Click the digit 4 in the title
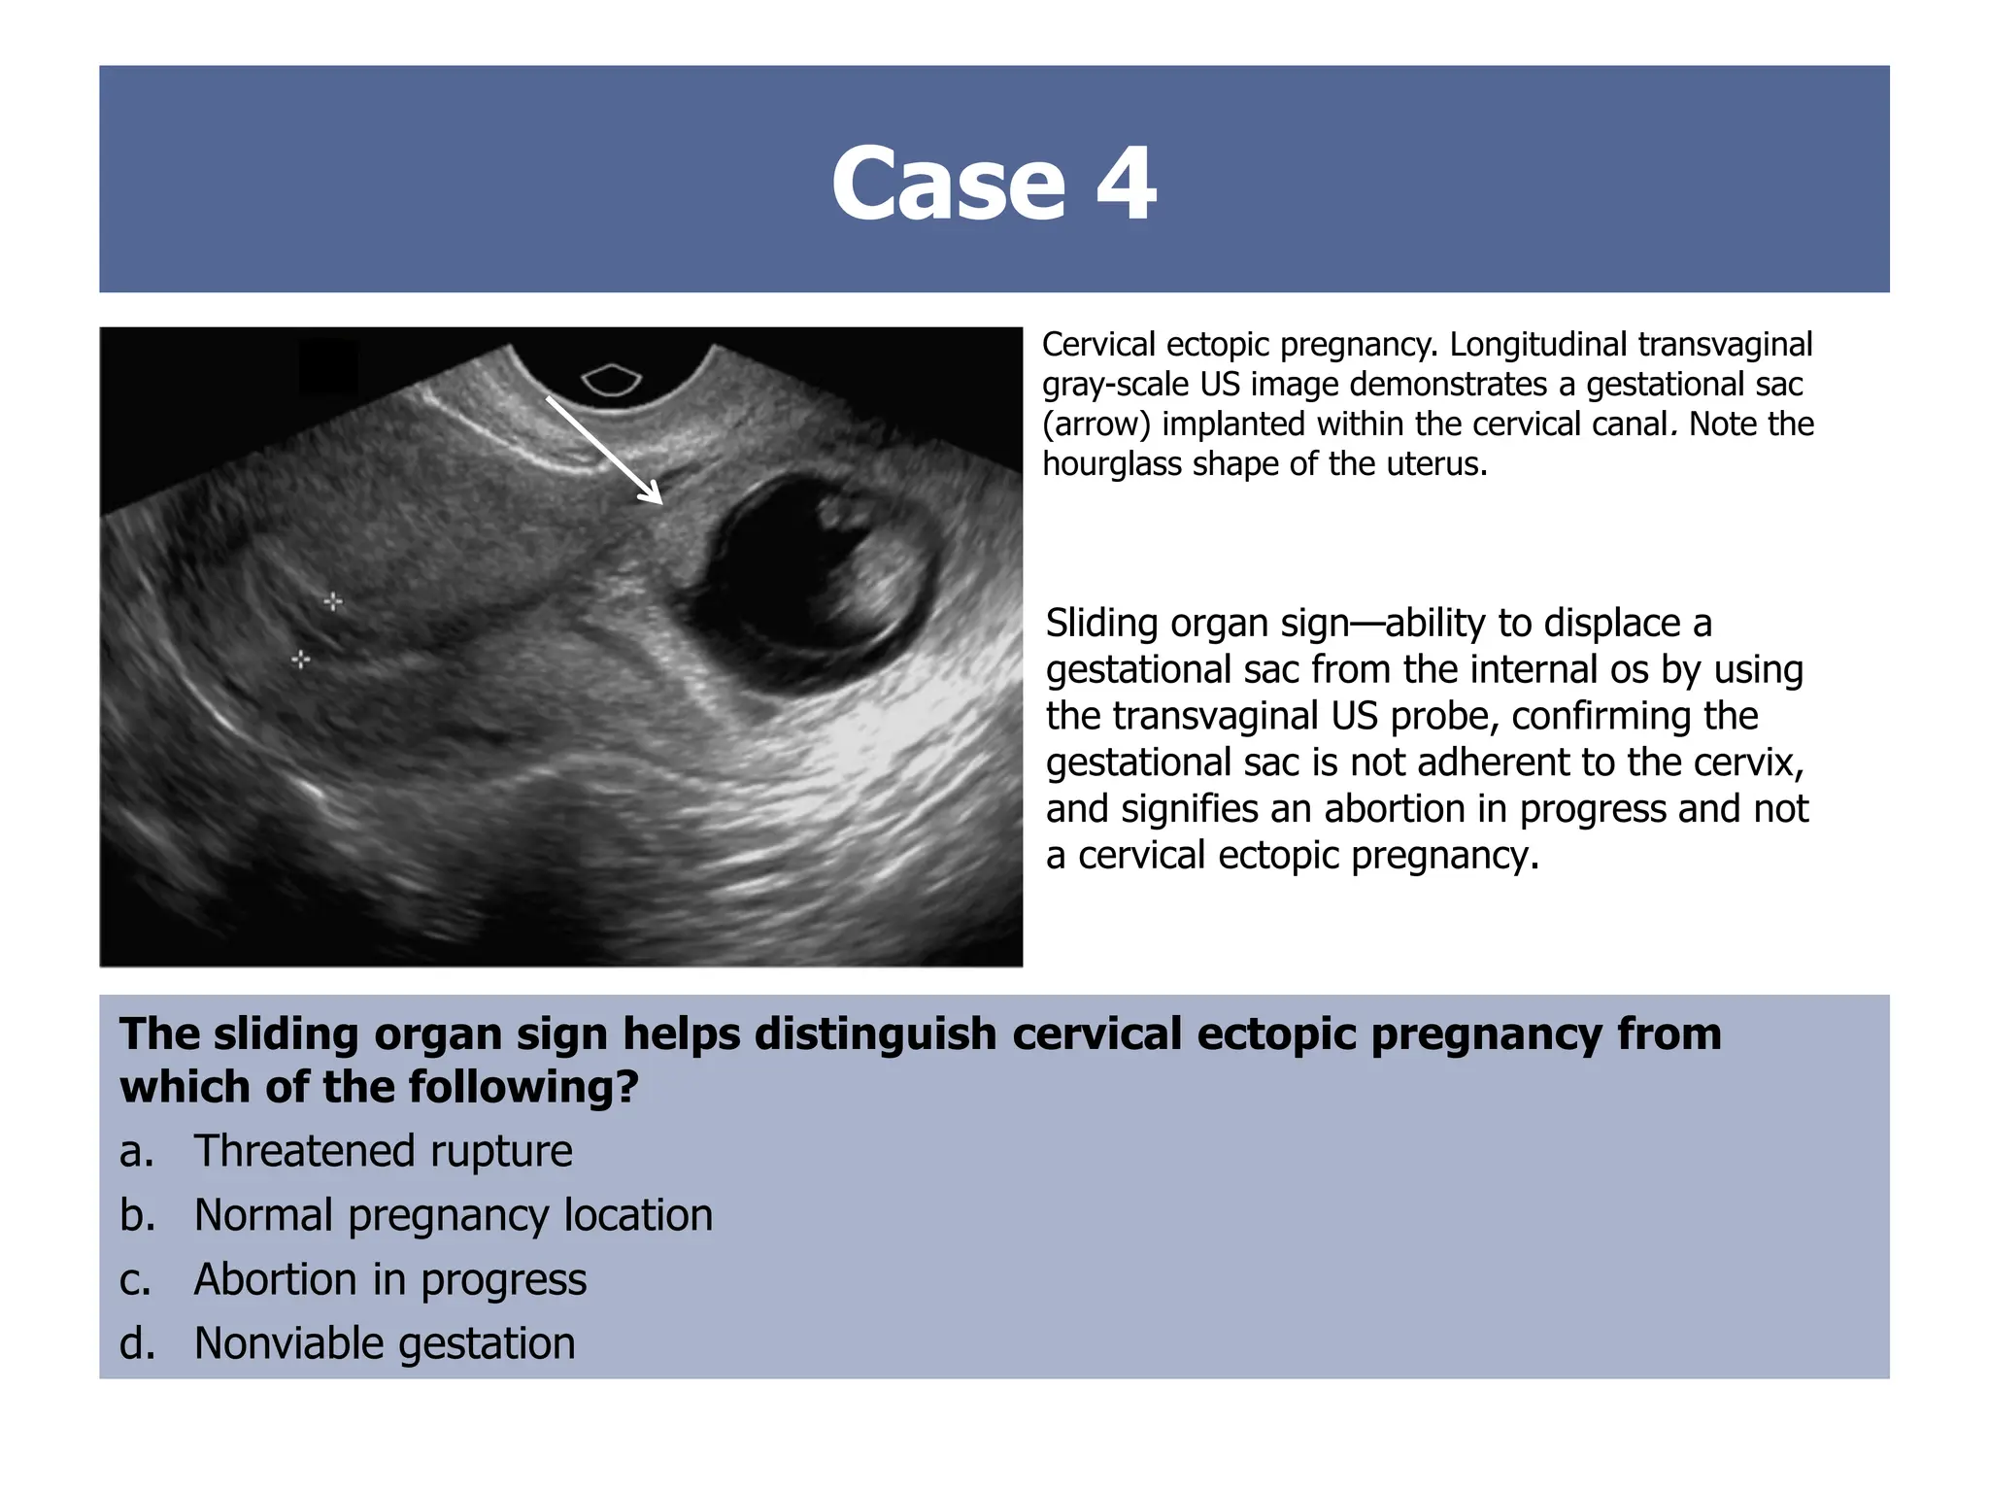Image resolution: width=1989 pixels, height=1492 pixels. click(x=1127, y=184)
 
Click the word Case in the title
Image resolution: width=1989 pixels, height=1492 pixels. click(x=948, y=184)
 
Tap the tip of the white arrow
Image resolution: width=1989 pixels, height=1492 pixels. click(x=660, y=502)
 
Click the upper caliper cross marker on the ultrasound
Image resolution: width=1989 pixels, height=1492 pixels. click(x=333, y=602)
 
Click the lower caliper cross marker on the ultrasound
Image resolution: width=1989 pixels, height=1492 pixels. click(x=301, y=660)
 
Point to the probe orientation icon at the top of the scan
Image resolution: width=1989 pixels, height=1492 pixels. click(x=611, y=380)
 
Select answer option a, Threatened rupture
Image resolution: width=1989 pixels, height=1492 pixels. click(x=383, y=1151)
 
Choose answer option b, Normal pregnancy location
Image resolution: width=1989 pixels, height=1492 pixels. click(x=453, y=1215)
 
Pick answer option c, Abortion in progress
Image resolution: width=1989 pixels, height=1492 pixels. click(x=389, y=1279)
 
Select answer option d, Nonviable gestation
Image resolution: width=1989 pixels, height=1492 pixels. click(x=385, y=1343)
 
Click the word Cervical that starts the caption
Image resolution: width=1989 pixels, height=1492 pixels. click(x=1097, y=345)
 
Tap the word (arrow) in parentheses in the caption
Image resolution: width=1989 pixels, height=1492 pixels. click(x=1096, y=424)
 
